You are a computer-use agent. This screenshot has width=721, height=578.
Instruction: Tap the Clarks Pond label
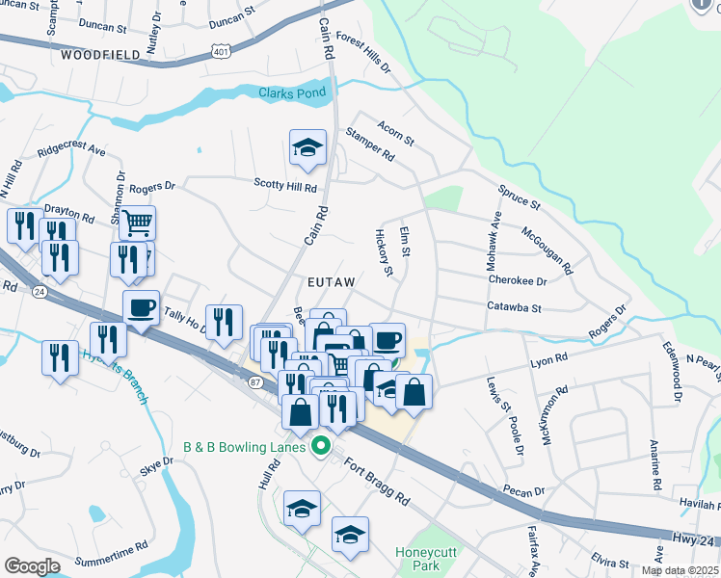(x=292, y=92)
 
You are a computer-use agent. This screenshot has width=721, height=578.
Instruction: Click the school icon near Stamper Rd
(x=307, y=148)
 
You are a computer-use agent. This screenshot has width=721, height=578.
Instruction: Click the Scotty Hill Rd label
(x=285, y=185)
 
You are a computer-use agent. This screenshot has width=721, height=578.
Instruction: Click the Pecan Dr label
(x=524, y=491)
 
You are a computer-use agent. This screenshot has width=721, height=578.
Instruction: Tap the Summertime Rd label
(x=111, y=544)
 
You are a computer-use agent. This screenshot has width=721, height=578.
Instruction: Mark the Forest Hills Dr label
(x=363, y=57)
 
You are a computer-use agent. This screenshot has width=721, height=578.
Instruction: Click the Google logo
(x=32, y=566)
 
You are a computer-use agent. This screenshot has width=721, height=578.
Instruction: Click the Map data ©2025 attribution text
(x=679, y=570)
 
